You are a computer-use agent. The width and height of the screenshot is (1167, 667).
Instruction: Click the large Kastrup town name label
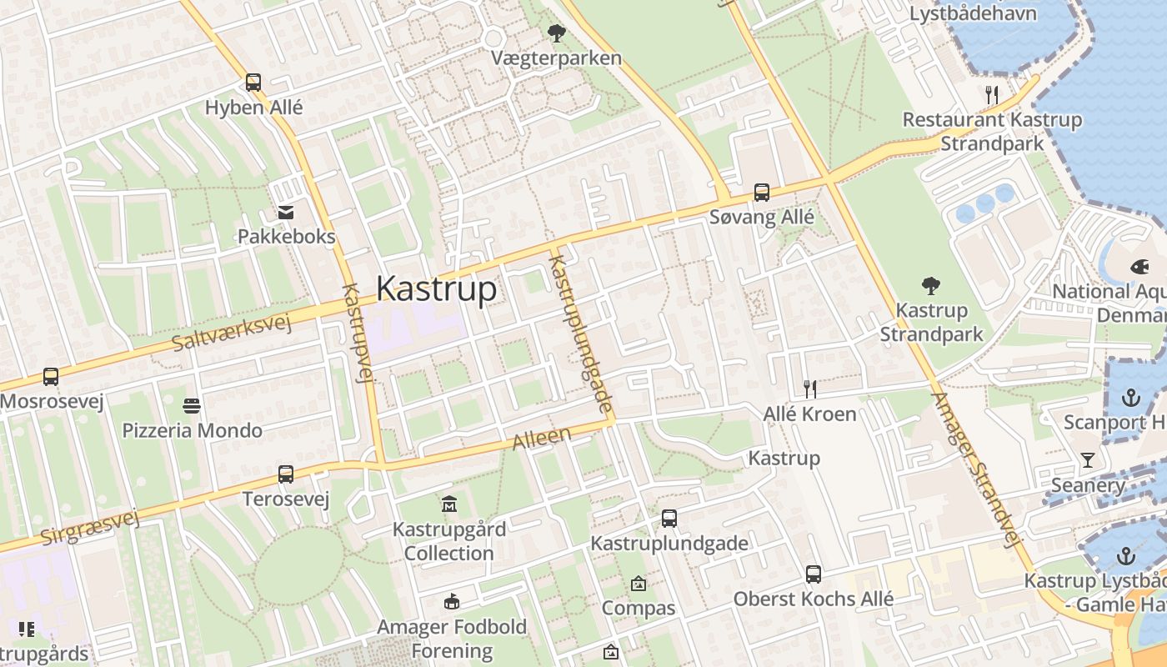(436, 288)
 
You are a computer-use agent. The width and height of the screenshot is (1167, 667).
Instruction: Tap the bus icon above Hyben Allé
(253, 83)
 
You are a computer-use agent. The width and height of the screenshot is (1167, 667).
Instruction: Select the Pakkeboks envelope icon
(286, 213)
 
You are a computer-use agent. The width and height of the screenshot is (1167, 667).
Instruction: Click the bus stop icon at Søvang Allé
(761, 193)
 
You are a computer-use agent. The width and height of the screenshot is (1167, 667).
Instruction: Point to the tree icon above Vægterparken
(556, 33)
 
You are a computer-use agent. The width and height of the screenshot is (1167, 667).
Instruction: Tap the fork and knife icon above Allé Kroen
(809, 389)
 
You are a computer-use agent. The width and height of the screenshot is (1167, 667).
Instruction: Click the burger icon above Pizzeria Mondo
(192, 406)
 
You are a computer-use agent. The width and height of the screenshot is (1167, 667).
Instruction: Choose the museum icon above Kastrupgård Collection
(449, 504)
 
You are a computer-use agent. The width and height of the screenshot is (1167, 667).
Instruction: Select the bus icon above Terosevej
(286, 474)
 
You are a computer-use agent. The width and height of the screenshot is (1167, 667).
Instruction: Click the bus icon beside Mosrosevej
(51, 377)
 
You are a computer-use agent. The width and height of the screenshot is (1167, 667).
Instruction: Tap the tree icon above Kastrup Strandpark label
(931, 286)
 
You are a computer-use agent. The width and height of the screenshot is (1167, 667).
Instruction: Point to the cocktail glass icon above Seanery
(1087, 460)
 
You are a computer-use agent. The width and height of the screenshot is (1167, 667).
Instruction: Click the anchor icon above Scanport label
(1131, 397)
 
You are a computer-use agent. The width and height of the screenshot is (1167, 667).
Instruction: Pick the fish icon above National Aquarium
(1138, 267)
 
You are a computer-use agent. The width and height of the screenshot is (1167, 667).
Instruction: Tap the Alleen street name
(542, 439)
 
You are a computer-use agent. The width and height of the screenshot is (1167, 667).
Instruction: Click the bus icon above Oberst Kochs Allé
(814, 574)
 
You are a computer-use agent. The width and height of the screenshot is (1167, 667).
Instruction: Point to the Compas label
(639, 608)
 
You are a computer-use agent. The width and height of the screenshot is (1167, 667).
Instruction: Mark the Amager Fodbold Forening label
(452, 639)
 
